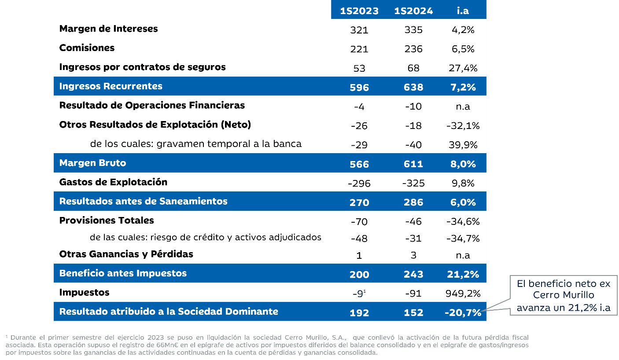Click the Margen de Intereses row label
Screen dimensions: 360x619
pyautogui.click(x=108, y=29)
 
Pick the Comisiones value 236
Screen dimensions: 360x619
pyautogui.click(x=413, y=49)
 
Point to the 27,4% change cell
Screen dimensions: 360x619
pyautogui.click(x=463, y=68)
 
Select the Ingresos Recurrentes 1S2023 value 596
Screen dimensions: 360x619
pyautogui.click(x=359, y=87)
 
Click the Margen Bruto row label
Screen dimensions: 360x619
pyautogui.click(x=92, y=163)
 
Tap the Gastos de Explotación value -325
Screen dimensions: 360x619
pyautogui.click(x=413, y=183)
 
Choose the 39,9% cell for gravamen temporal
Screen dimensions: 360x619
pyautogui.click(x=463, y=145)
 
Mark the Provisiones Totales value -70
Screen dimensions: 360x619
pyautogui.click(x=359, y=222)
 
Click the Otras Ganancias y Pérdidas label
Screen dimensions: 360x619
pyautogui.click(x=126, y=254)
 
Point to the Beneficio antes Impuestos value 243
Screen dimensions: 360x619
pyautogui.click(x=413, y=274)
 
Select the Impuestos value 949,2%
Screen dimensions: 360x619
pyautogui.click(x=463, y=294)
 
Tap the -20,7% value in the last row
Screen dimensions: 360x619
pyautogui.click(x=463, y=312)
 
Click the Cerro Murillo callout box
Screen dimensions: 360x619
pyautogui.click(x=564, y=295)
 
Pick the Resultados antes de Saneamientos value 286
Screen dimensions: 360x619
pyautogui.click(x=413, y=202)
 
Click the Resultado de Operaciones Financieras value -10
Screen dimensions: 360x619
pyautogui.click(x=413, y=107)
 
